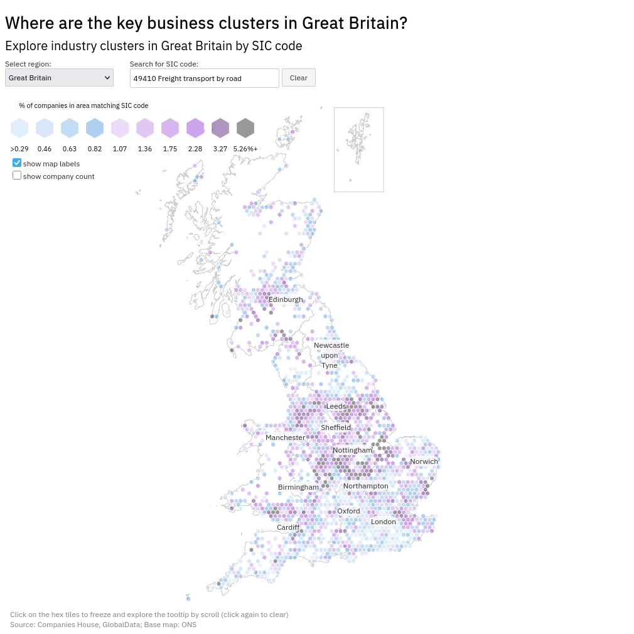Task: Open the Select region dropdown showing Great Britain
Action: click(x=59, y=78)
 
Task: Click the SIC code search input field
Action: click(x=204, y=78)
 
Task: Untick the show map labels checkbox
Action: click(x=17, y=163)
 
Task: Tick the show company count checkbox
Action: click(x=17, y=176)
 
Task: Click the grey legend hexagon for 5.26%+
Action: click(x=245, y=128)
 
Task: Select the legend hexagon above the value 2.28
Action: click(x=195, y=128)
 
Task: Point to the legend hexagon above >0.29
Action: click(x=19, y=128)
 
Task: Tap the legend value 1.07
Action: click(x=120, y=149)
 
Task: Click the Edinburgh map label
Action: click(x=286, y=299)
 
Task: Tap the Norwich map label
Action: click(x=424, y=461)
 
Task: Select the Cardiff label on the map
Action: click(x=288, y=527)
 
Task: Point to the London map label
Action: click(x=384, y=522)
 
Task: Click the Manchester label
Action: click(x=285, y=438)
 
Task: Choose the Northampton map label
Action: click(x=365, y=486)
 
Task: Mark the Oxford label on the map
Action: click(x=348, y=511)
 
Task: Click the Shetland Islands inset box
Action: click(x=358, y=149)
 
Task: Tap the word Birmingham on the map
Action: click(x=298, y=487)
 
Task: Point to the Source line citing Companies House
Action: click(x=103, y=625)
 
